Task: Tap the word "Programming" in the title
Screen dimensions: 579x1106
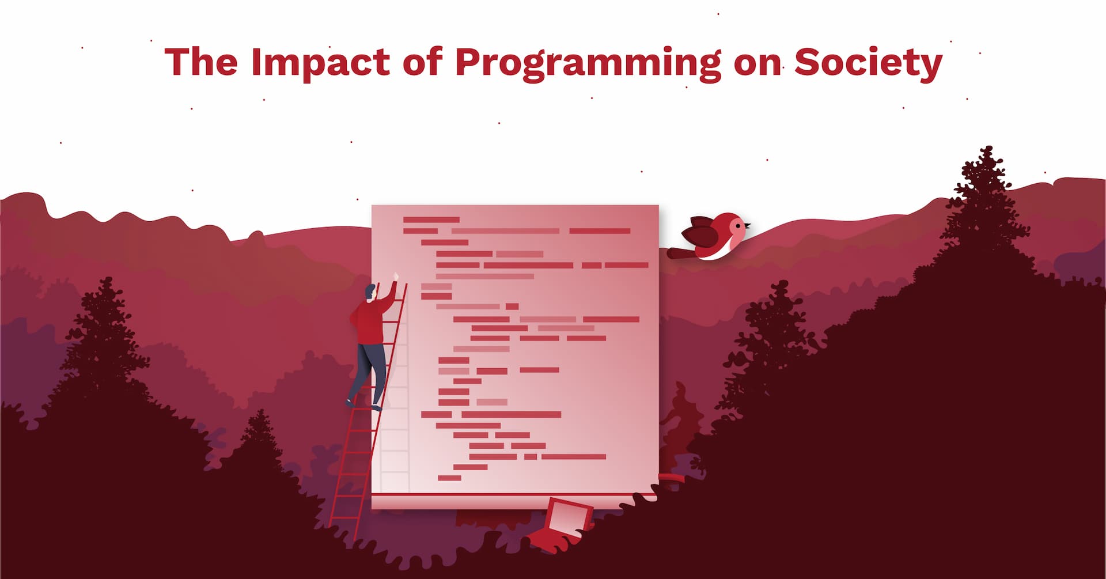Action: coord(588,63)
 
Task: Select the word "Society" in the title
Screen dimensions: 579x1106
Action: coord(868,63)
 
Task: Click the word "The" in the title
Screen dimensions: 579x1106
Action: coord(200,62)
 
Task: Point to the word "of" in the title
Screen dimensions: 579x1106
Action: coord(422,62)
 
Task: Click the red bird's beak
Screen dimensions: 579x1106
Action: coord(747,225)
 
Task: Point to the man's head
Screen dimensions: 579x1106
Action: coord(370,292)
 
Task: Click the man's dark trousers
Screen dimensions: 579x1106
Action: coord(369,369)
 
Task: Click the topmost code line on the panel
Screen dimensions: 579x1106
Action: coord(431,220)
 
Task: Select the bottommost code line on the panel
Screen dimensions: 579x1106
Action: coord(449,478)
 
